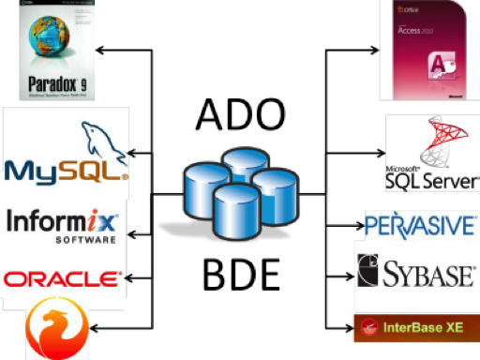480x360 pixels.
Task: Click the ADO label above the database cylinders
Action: (238, 115)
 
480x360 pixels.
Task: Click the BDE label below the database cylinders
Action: (240, 274)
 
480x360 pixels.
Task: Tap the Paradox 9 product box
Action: (55, 51)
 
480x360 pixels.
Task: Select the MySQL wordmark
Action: (65, 170)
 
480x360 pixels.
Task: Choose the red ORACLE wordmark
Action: (63, 278)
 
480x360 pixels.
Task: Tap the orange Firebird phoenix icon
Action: (55, 330)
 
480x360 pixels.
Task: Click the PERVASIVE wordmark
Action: (421, 225)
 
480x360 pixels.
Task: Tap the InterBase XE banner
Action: (416, 327)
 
